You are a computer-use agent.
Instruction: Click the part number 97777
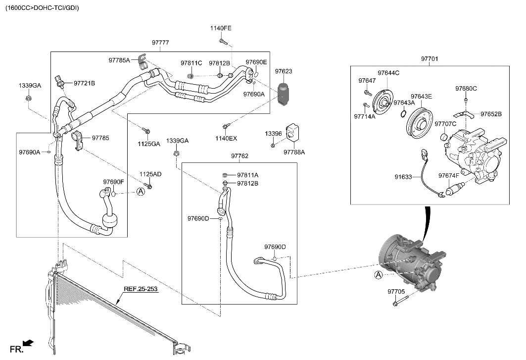point(160,43)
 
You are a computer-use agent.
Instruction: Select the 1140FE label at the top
point(221,28)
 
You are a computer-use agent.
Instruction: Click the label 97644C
point(388,73)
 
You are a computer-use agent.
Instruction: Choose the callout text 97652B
point(491,114)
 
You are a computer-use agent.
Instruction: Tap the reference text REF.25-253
point(141,289)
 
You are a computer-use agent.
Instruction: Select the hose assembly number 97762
point(239,156)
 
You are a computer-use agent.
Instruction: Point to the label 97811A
point(247,175)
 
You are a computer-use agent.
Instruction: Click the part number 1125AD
point(150,174)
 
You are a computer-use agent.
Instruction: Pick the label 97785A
point(119,60)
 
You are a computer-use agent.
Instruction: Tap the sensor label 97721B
point(84,83)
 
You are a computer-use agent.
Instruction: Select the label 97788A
point(294,153)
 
